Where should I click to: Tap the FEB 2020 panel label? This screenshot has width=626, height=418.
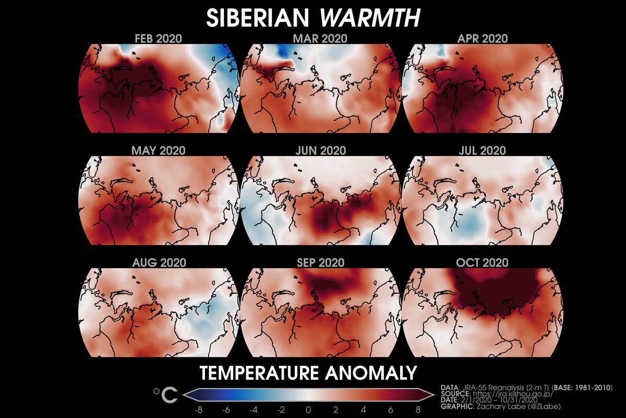coord(159,39)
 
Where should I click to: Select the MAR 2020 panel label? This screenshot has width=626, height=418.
coord(321,39)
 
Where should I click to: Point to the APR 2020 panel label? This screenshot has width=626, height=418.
coord(483,39)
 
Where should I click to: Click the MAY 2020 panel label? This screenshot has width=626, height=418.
coord(159,150)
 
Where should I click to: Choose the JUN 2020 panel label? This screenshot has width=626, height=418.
coord(321,150)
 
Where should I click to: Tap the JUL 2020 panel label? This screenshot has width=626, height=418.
coord(483,150)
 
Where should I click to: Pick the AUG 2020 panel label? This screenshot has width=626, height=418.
coord(159,263)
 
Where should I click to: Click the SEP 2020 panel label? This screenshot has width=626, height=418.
coord(321,263)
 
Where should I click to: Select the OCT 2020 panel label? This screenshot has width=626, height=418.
coord(483,263)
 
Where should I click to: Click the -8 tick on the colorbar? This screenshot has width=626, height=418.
coord(198,409)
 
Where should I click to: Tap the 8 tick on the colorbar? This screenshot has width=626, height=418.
coord(418,409)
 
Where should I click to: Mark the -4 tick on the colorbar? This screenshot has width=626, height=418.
coord(254,409)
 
